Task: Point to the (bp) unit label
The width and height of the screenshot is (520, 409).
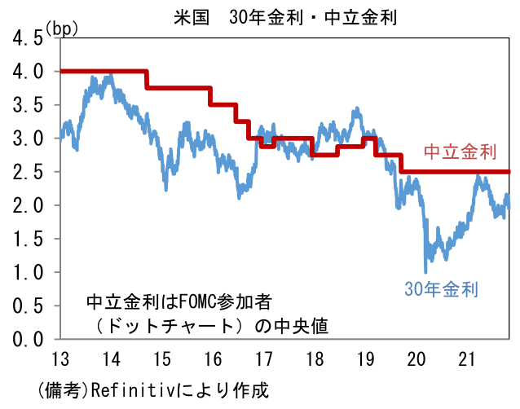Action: pyautogui.click(x=62, y=29)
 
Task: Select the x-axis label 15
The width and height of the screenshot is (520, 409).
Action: pyautogui.click(x=161, y=358)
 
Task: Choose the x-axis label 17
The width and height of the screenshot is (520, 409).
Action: pyautogui.click(x=262, y=358)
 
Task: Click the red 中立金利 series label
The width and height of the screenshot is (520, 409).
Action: pyautogui.click(x=460, y=152)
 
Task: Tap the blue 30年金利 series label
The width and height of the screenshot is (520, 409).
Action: pyautogui.click(x=441, y=288)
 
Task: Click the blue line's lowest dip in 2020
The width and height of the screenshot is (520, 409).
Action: pyautogui.click(x=425, y=271)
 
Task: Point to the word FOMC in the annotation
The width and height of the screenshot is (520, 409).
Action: pyautogui.click(x=185, y=301)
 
